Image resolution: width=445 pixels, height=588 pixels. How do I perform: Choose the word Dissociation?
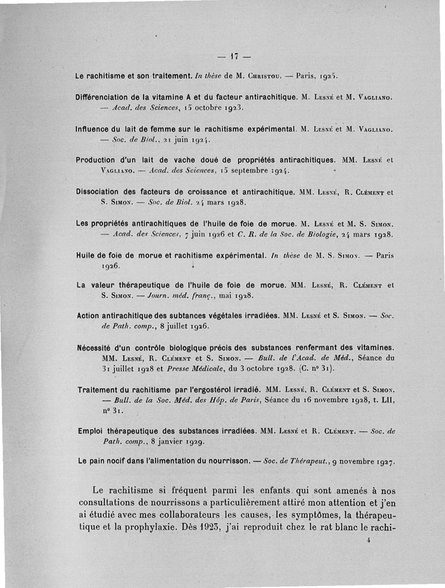tap(99, 192)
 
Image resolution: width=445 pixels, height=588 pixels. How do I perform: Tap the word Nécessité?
tap(96, 349)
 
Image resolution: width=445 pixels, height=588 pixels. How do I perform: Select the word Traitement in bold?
tap(99, 390)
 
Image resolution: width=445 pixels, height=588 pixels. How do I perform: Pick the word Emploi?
tap(90, 431)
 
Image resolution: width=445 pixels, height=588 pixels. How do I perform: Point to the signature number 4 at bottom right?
tap(369, 540)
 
